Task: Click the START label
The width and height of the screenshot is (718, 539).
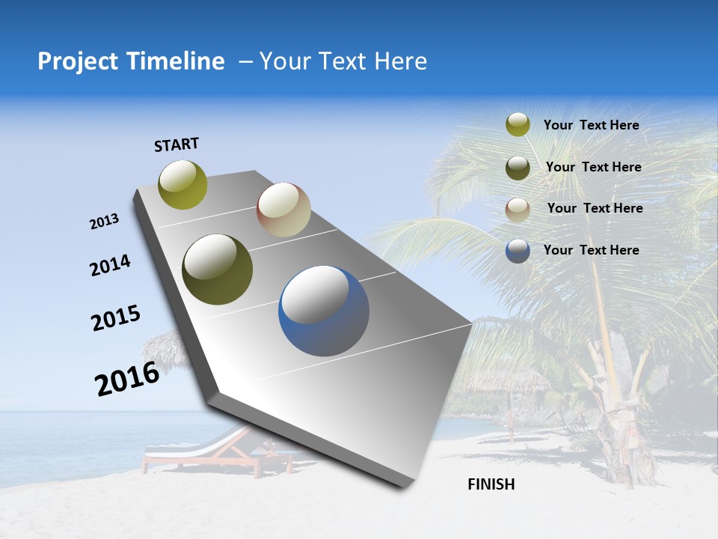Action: coord(177,144)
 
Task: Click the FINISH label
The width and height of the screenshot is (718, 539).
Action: coord(491,484)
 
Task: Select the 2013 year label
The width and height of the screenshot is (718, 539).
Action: coord(104,222)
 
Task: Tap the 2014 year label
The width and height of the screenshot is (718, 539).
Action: coord(110,266)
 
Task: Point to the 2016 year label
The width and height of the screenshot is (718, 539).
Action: coord(126,379)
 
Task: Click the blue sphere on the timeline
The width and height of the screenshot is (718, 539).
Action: coord(324,311)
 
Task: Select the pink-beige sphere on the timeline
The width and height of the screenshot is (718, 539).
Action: coord(283,210)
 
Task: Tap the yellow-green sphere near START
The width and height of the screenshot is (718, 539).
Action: coord(183,185)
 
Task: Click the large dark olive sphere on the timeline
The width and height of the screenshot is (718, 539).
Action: coord(218,269)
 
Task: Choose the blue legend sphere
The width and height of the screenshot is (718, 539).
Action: coord(518,251)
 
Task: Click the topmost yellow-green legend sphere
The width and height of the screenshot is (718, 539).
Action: coord(518,125)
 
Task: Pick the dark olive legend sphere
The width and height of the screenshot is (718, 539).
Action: coord(518,168)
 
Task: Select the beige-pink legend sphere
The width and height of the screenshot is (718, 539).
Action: coord(518,209)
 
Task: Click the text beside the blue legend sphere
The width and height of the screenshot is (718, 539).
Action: coord(591,250)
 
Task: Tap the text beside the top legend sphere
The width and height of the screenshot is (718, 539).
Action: coord(591,125)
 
